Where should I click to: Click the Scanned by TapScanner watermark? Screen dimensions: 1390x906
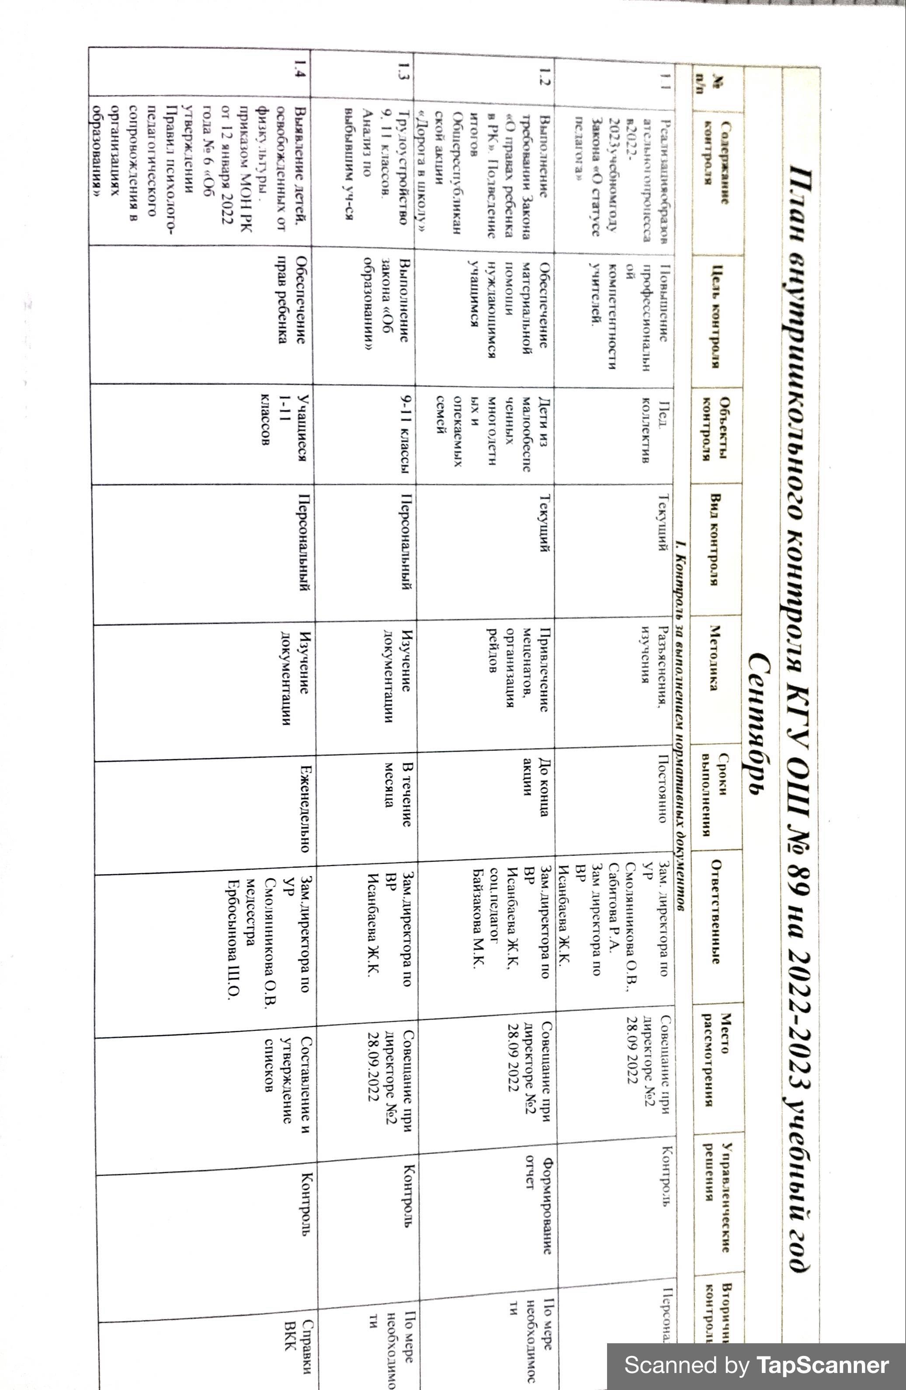756,1366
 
